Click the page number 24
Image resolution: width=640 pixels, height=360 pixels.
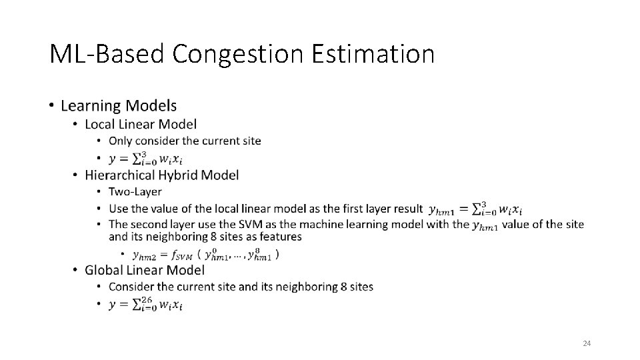(x=587, y=343)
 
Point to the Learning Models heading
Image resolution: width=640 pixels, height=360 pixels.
(x=119, y=105)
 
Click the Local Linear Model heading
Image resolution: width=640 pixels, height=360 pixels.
(x=141, y=123)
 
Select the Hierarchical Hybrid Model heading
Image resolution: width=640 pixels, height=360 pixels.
(x=161, y=175)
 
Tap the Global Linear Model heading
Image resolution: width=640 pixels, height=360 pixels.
(x=145, y=270)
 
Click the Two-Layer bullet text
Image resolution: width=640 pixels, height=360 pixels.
(x=135, y=192)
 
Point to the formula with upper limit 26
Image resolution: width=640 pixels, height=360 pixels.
(x=145, y=304)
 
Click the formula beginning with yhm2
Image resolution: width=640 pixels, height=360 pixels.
(x=206, y=255)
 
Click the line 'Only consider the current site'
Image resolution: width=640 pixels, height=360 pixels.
(x=185, y=141)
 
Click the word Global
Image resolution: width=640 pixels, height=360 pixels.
(x=103, y=270)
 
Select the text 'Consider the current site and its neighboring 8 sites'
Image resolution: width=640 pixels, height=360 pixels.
(x=241, y=287)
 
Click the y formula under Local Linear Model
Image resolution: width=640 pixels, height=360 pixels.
(x=145, y=159)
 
